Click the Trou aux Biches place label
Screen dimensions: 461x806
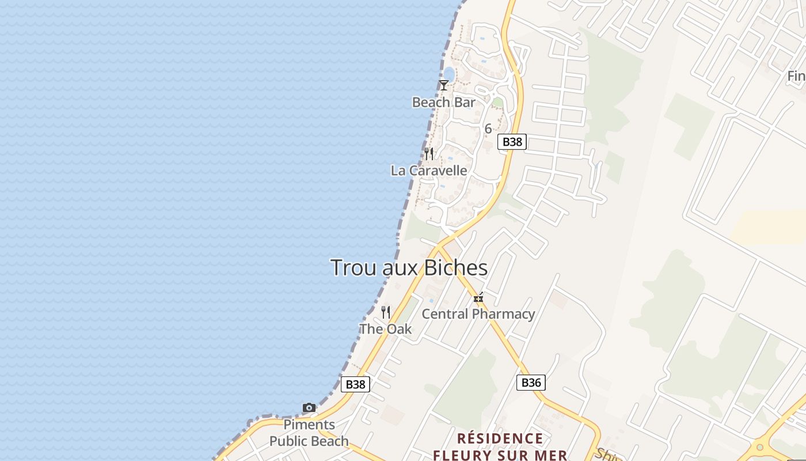click(409, 268)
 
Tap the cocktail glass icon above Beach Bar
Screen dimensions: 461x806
click(443, 85)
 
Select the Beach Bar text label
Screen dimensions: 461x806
click(443, 103)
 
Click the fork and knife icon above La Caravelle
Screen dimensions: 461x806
click(429, 153)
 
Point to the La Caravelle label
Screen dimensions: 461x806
click(429, 171)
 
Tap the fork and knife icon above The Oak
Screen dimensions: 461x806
click(386, 312)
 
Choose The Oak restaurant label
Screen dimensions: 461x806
click(386, 329)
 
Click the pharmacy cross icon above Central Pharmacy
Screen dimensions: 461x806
click(478, 297)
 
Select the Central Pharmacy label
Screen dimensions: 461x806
click(478, 314)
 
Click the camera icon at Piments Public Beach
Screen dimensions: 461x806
click(309, 408)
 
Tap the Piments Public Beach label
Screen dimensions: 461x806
click(309, 433)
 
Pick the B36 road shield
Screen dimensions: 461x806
click(530, 383)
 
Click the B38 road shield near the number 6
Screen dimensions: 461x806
click(512, 142)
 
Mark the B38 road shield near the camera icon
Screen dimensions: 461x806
click(355, 384)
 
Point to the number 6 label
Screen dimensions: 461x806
click(488, 129)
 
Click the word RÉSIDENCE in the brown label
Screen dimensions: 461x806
click(500, 439)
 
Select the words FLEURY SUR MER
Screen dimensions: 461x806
click(500, 455)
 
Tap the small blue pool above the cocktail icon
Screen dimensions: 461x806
click(448, 74)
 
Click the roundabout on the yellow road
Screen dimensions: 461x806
click(759, 446)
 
